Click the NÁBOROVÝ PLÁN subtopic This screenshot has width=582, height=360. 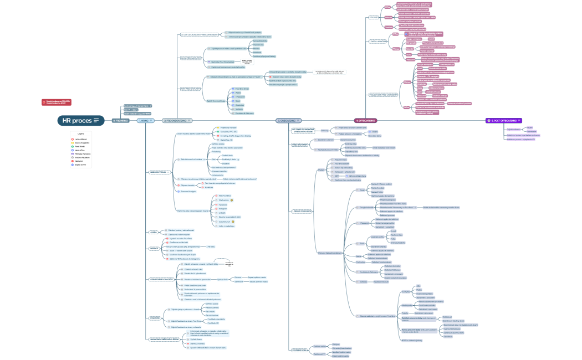(159, 172)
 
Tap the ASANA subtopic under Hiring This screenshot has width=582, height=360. (154, 232)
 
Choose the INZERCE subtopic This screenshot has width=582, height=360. (154, 249)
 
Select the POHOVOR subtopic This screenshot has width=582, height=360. (155, 318)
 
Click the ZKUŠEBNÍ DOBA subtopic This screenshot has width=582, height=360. (300, 349)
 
